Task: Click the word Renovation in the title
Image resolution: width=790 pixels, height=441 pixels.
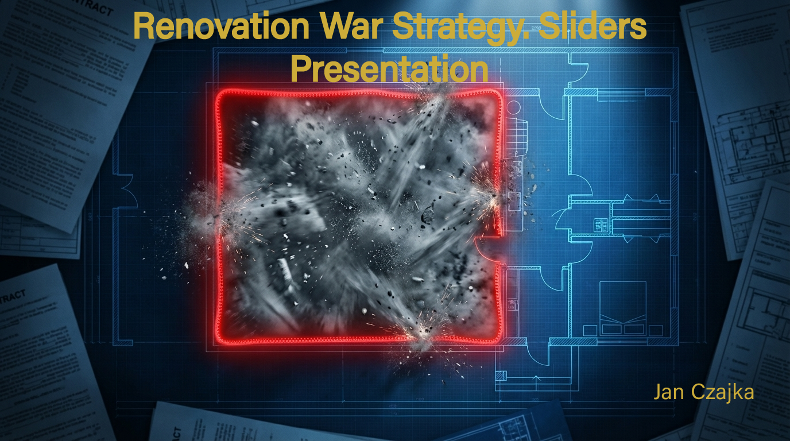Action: coord(222,26)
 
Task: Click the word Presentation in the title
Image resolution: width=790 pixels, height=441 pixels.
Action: coord(389,69)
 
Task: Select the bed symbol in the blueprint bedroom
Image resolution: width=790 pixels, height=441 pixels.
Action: coord(623,308)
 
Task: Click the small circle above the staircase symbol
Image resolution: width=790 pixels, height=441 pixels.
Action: coord(513,107)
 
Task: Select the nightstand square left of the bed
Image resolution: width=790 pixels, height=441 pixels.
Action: coord(590,331)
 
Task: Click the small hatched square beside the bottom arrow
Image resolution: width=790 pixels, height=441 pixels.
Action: coord(501,376)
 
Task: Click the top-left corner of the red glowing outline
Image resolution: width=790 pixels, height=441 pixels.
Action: coord(219,93)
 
